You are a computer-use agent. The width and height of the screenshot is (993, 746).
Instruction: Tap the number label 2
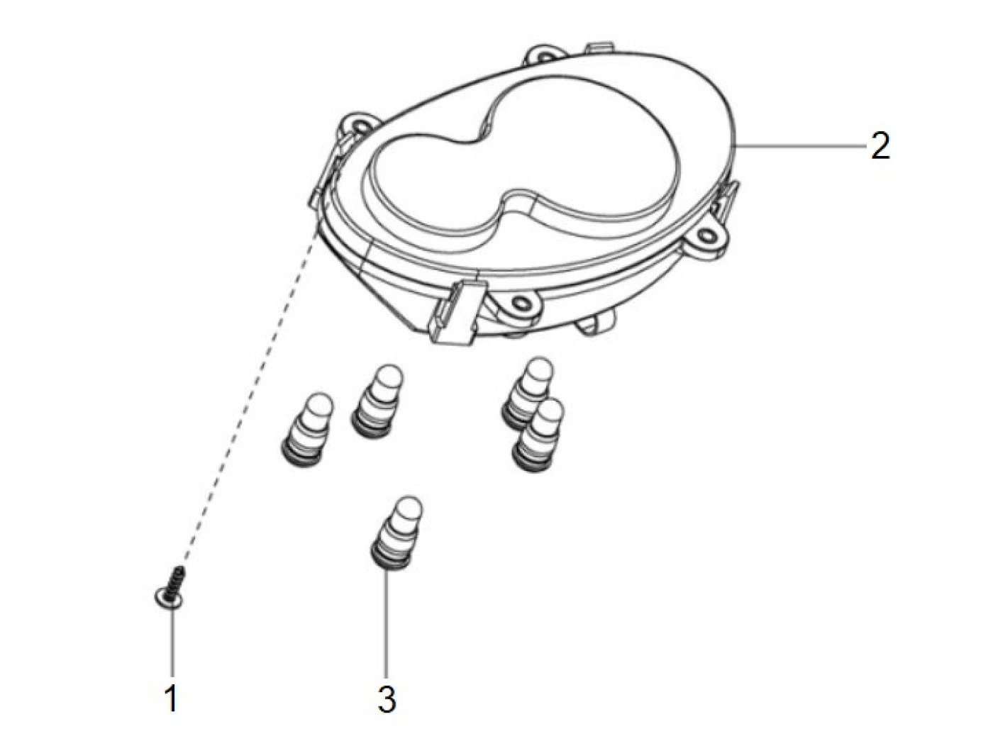pos(880,146)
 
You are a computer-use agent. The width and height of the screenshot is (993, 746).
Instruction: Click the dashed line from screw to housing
pos(250,394)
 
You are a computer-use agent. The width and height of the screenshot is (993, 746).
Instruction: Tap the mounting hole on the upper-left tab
pos(360,123)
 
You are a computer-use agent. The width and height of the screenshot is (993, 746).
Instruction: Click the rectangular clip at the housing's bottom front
pos(457,312)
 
